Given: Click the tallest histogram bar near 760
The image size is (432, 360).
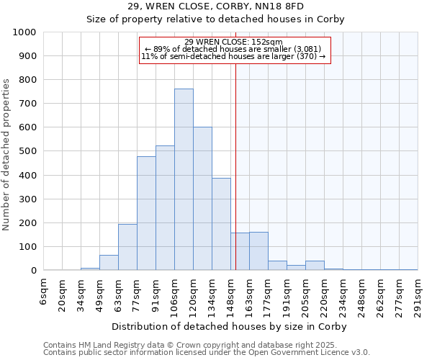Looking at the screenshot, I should [x=184, y=180].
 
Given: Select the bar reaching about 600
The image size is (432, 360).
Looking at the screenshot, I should [x=202, y=199].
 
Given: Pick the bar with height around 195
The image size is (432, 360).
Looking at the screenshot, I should [x=127, y=247].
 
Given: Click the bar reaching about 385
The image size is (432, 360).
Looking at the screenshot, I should [x=221, y=224].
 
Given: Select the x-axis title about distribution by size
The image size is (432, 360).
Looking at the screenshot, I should [x=230, y=327].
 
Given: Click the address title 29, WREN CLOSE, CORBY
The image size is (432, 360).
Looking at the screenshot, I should [x=216, y=6].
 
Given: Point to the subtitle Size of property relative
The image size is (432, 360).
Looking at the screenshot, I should [x=216, y=19].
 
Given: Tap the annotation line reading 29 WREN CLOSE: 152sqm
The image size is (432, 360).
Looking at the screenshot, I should [x=233, y=42].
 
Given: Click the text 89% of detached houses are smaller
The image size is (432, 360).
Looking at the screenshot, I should [x=233, y=49].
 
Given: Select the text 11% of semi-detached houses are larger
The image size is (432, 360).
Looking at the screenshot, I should [x=233, y=56].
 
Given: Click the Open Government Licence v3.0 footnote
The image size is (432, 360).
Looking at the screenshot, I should [x=206, y=353].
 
